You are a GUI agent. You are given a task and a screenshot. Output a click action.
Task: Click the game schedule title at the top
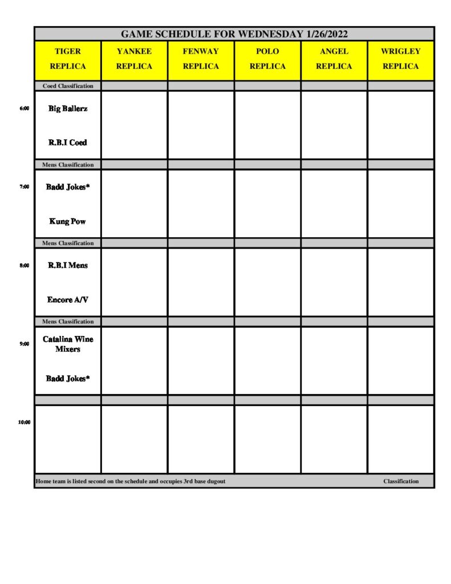point(234,34)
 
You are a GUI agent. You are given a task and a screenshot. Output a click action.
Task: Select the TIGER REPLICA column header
point(68,59)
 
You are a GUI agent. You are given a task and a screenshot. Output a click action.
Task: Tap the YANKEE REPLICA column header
point(134,59)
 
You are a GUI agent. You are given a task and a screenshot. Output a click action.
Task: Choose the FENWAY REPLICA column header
point(201,59)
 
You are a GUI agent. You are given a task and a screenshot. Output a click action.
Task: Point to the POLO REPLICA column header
point(267,59)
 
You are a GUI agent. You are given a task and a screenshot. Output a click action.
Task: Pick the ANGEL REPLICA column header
point(334,59)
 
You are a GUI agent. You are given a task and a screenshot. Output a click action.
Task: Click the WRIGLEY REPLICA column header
point(400,59)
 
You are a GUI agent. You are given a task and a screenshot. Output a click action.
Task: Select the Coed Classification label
point(68,86)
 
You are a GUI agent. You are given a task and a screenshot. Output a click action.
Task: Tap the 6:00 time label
point(25,108)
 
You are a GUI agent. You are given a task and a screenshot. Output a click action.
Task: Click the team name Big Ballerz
point(68,108)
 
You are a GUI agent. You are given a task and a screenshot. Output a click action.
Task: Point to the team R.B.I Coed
point(68,143)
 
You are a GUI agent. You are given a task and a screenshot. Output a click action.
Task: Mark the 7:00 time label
point(25,186)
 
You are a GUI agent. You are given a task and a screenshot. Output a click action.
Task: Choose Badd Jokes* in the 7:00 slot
point(68,186)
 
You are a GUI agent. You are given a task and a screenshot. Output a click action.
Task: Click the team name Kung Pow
point(68,221)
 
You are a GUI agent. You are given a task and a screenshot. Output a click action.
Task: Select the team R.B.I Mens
point(68,265)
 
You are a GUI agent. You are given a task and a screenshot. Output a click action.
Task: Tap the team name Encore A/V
point(68,299)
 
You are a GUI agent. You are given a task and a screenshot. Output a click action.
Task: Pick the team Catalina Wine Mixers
point(68,344)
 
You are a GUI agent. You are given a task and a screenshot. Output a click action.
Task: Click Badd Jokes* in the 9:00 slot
point(68,378)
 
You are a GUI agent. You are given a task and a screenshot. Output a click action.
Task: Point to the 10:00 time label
point(23,423)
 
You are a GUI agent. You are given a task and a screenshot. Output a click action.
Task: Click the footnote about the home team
point(131,481)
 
